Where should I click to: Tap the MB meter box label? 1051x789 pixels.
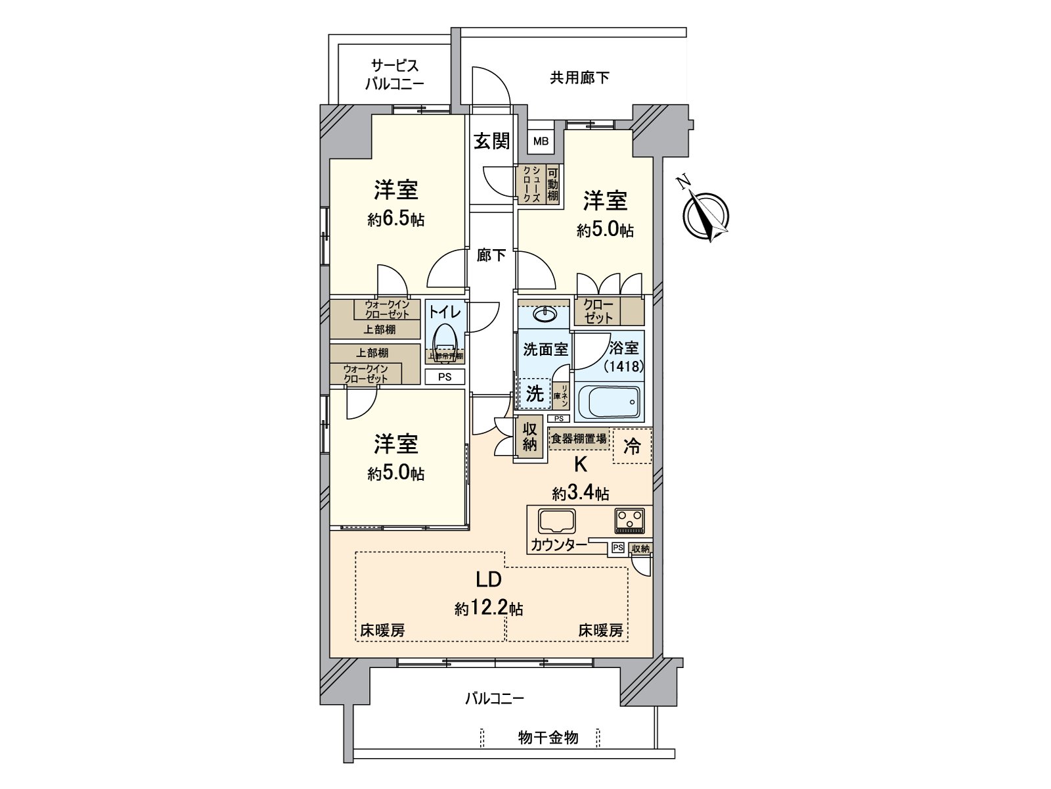(x=541, y=141)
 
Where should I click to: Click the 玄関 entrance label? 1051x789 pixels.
(x=491, y=141)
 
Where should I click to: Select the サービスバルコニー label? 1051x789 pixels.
(x=393, y=75)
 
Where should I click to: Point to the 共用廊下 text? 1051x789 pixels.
(x=579, y=78)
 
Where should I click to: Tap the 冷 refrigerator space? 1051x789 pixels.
(x=632, y=446)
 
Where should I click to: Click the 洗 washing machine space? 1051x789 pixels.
(x=535, y=393)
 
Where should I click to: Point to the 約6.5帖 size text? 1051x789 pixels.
(x=395, y=220)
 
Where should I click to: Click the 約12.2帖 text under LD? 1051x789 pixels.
(x=489, y=608)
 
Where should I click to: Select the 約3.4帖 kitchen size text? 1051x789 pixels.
(x=580, y=493)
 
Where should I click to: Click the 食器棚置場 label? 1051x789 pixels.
(x=578, y=439)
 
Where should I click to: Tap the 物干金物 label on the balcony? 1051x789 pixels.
(x=548, y=738)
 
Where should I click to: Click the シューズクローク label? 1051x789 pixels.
(x=531, y=184)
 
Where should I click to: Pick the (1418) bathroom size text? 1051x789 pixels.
(x=622, y=367)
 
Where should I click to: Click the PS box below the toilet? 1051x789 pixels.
(x=445, y=377)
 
